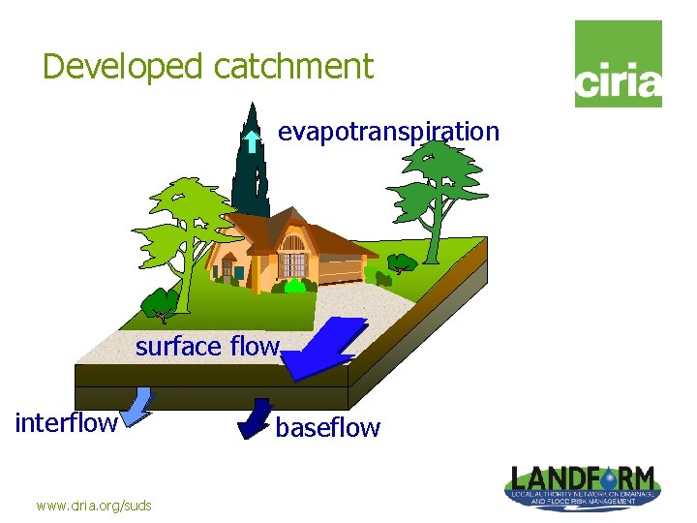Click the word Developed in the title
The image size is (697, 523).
124,67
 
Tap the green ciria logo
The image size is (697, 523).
618,64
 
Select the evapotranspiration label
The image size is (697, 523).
388,132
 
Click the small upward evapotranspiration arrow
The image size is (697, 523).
251,142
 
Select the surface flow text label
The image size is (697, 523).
207,346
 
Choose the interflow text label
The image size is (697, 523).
66,422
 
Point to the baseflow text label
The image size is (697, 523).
328,427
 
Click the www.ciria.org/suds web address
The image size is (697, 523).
94,505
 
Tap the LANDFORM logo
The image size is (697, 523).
583,483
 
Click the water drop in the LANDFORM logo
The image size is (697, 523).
609,477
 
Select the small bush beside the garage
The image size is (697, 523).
400,262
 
